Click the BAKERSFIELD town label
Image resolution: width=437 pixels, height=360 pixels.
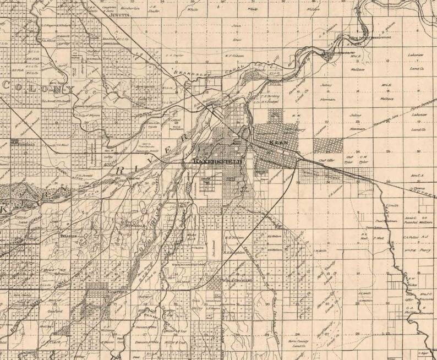point(218,161)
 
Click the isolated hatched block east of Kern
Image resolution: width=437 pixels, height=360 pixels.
point(329,145)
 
